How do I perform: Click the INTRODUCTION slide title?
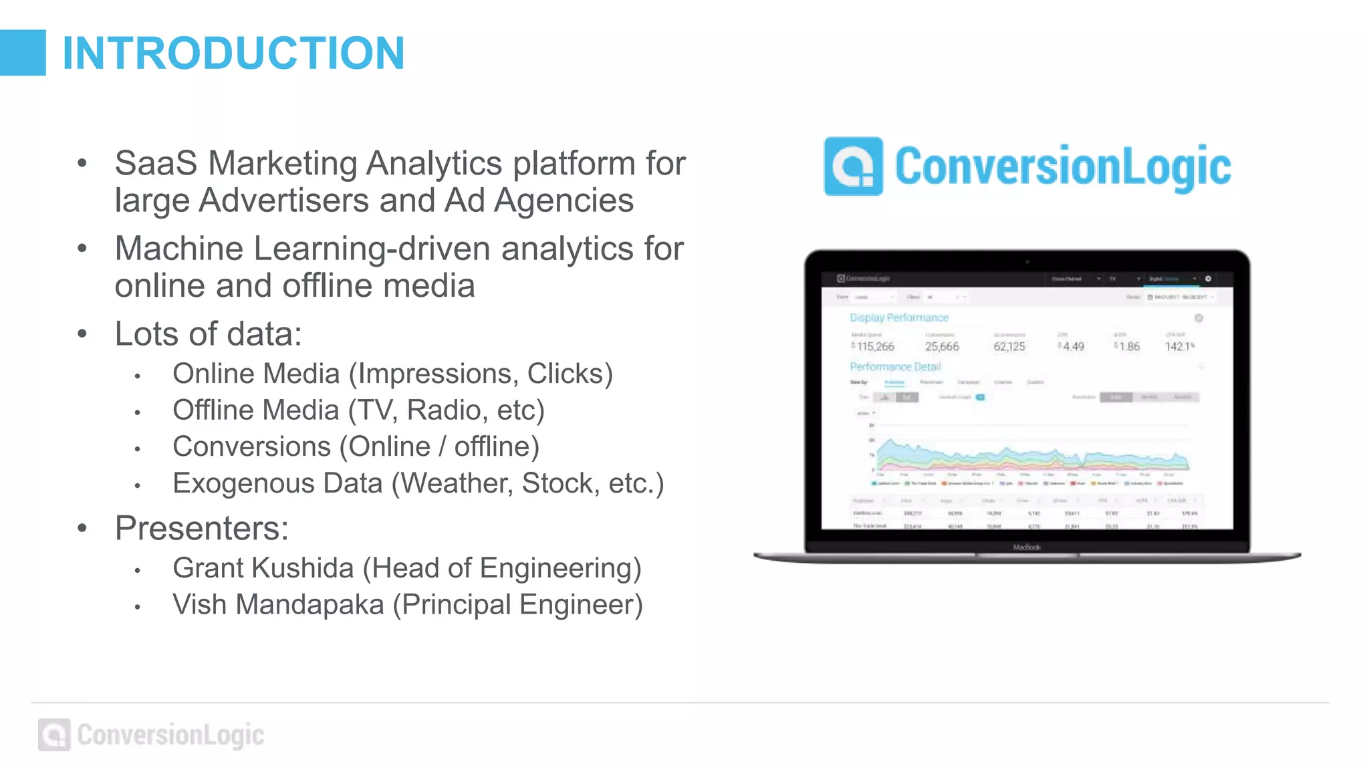tap(233, 53)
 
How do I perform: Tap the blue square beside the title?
tap(23, 53)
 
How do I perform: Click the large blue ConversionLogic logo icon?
tap(853, 166)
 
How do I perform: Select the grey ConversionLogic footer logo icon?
tap(54, 735)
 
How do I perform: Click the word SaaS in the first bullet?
tap(156, 163)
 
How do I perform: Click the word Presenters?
tap(201, 528)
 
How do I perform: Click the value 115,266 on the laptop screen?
tap(875, 346)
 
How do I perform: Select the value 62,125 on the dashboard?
tap(1009, 346)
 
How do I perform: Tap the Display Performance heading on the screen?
tap(899, 317)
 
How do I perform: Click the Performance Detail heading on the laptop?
tap(895, 366)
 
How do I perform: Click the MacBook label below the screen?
tap(1027, 547)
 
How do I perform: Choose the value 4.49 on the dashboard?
tap(1073, 346)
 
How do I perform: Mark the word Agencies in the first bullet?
tap(564, 201)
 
